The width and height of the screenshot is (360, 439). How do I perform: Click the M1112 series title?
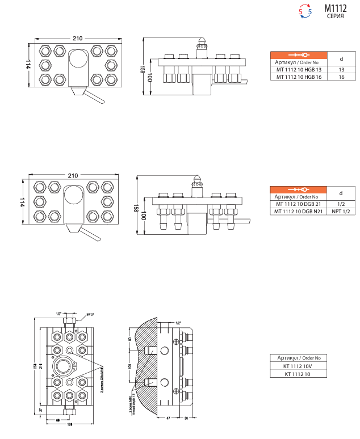335,9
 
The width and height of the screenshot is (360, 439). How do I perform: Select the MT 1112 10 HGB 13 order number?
299,69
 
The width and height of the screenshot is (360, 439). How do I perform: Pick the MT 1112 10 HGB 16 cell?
299,77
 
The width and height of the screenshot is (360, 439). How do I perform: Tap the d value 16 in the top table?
341,77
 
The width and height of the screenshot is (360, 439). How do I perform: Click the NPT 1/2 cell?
341,212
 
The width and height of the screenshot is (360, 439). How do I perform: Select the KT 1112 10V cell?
299,366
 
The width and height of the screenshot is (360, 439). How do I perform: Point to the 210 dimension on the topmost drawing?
77,38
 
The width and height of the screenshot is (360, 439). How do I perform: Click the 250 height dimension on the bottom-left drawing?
34,364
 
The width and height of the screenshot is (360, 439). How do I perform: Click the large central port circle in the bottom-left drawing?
64,367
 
